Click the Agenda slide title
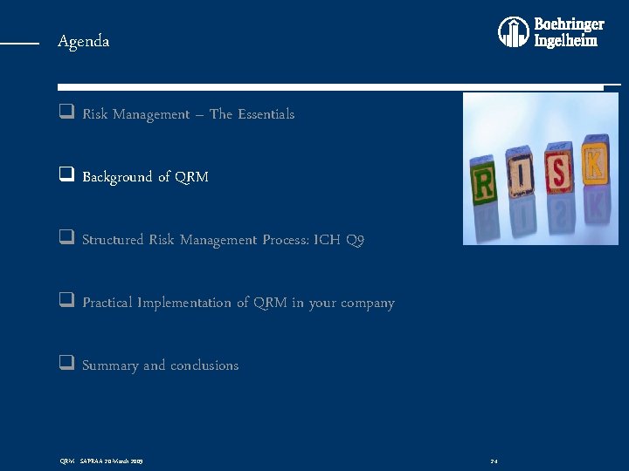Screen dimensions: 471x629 click(x=84, y=41)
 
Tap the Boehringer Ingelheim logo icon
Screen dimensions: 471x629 click(x=514, y=32)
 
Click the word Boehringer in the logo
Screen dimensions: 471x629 click(x=569, y=24)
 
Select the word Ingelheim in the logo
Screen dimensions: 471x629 click(x=566, y=41)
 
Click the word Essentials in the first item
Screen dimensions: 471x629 click(x=266, y=114)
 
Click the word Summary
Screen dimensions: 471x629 click(x=110, y=365)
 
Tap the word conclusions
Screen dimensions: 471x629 click(x=204, y=365)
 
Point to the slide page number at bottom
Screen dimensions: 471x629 click(x=494, y=461)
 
